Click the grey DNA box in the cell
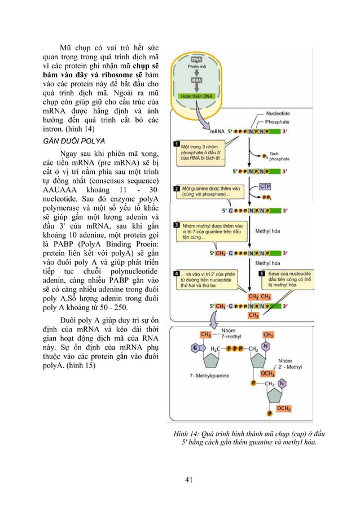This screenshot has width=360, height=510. click(x=197, y=59)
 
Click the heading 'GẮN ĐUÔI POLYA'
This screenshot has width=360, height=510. click(x=77, y=140)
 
